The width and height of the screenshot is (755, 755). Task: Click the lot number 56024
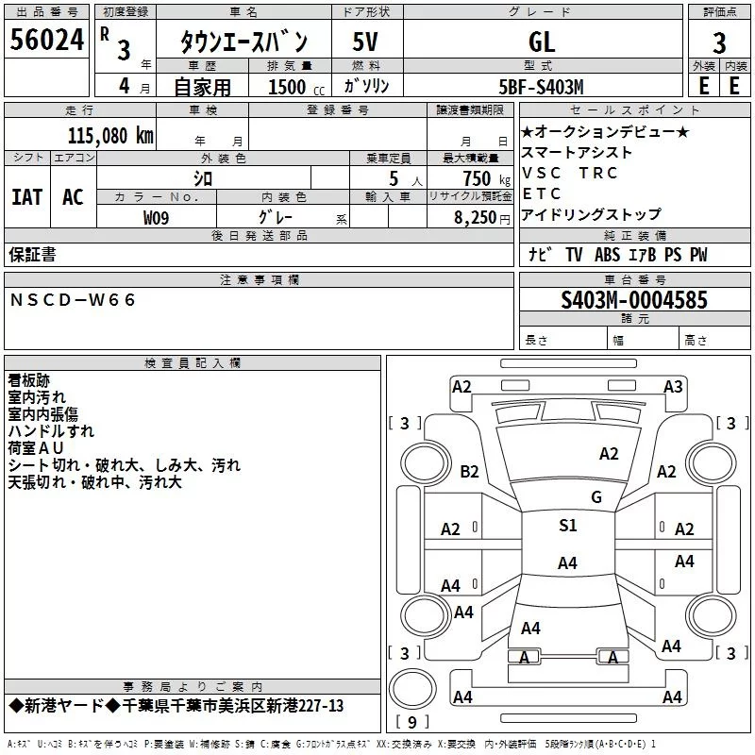[47, 40]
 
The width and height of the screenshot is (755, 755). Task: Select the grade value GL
[542, 42]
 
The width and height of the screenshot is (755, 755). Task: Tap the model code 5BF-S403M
[541, 87]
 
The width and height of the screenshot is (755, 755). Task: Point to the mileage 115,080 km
[110, 136]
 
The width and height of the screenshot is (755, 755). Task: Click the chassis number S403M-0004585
[634, 300]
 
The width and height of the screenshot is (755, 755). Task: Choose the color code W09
[156, 218]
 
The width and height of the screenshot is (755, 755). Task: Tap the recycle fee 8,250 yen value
[482, 218]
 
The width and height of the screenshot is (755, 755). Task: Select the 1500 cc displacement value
[296, 88]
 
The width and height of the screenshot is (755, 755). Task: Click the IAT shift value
[27, 197]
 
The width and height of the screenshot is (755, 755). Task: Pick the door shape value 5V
[365, 42]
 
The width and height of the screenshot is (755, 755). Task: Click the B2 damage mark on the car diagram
[469, 471]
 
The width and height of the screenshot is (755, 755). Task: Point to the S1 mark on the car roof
[568, 525]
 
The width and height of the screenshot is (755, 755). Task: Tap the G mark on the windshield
[596, 497]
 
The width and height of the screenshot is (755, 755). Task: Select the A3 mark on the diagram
[673, 387]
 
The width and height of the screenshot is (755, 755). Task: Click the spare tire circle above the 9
[412, 689]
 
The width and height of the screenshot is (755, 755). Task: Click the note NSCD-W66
[73, 300]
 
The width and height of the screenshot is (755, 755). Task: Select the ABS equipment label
[607, 255]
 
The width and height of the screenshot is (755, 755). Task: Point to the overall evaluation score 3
[719, 43]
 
